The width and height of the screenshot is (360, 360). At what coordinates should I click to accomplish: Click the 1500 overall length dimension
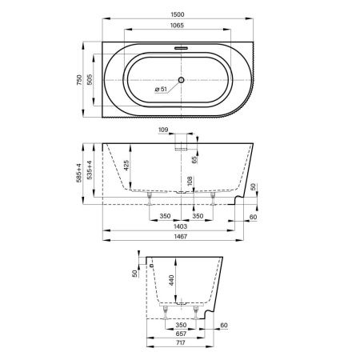pyautogui.click(x=178, y=14)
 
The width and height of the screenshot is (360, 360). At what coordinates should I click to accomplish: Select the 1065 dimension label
pyautogui.click(x=177, y=26)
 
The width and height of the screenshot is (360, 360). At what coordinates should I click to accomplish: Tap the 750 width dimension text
pyautogui.click(x=79, y=80)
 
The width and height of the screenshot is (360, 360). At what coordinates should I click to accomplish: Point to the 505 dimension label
pyautogui.click(x=90, y=80)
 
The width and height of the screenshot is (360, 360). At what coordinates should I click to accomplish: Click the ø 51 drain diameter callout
pyautogui.click(x=161, y=89)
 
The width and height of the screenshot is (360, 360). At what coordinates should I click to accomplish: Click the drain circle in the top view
pyautogui.click(x=182, y=79)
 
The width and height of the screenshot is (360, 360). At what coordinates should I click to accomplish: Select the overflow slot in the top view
pyautogui.click(x=182, y=48)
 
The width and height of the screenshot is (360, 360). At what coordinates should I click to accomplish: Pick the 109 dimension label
pyautogui.click(x=163, y=130)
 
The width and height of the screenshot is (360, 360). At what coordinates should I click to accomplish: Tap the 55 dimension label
pyautogui.click(x=195, y=159)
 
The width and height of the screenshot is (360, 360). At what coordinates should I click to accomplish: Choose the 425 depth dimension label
pyautogui.click(x=126, y=166)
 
